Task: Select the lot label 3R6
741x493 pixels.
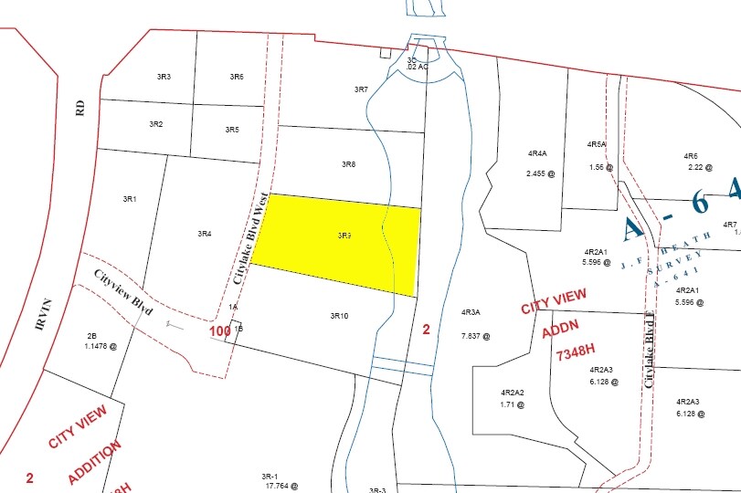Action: point(237,77)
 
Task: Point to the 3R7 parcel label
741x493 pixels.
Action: point(361,89)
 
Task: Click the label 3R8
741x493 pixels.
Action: point(348,164)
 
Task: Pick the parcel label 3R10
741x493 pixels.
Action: point(339,316)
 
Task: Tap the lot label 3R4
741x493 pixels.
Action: point(205,234)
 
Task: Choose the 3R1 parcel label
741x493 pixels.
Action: point(129,198)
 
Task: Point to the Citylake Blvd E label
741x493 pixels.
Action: point(650,351)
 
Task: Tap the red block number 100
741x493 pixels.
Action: point(219,330)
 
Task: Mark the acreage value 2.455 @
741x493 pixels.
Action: point(540,173)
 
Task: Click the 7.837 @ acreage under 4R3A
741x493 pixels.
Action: point(475,335)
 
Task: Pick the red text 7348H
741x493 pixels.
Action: point(574,352)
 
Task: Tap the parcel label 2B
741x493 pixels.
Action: point(91,335)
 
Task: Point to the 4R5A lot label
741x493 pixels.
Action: point(597,144)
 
